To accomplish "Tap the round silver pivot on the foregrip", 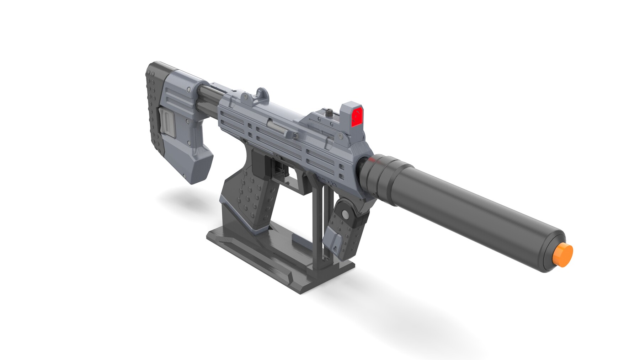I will coord(345,214).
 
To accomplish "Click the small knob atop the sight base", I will coord(330,113).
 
